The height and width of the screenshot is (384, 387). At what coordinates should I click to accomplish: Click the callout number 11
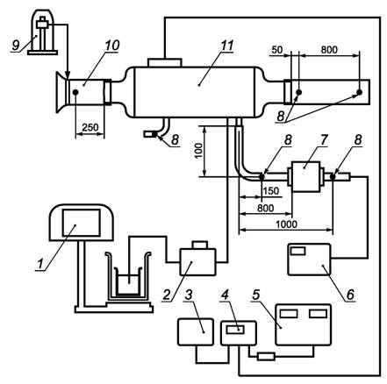[226, 46]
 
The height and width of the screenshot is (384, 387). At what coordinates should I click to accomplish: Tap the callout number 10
[112, 46]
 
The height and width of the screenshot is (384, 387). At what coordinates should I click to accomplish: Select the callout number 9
[16, 45]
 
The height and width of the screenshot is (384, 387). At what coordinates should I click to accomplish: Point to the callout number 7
[323, 140]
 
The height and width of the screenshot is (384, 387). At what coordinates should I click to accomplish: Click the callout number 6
[350, 295]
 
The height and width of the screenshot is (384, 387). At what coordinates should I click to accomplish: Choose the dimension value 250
[90, 127]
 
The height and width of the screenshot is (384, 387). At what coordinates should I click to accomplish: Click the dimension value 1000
[286, 224]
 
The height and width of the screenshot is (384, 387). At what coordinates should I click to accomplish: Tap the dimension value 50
[277, 50]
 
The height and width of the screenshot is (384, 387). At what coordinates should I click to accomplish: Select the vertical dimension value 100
[198, 151]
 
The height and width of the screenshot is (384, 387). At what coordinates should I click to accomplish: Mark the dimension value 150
[271, 191]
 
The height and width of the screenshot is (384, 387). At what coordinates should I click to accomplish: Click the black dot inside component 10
[75, 92]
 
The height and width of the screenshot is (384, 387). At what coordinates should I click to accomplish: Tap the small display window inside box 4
[235, 330]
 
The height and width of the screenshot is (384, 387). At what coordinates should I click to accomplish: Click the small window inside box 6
[297, 251]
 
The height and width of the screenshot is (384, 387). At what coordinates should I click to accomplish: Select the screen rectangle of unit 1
[82, 223]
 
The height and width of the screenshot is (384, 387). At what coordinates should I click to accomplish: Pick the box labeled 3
[196, 332]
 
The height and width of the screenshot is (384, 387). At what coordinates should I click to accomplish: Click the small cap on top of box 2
[199, 245]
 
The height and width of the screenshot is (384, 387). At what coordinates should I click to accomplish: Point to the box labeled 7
[305, 176]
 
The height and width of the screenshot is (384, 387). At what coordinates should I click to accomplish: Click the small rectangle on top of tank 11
[165, 62]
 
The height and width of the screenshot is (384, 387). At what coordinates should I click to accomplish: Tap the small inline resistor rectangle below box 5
[266, 357]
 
